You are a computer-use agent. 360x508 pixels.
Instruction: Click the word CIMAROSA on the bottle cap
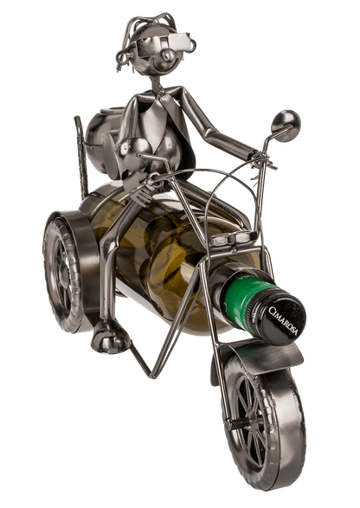tap(285, 307)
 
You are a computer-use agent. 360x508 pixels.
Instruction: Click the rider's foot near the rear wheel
tap(110, 337)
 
